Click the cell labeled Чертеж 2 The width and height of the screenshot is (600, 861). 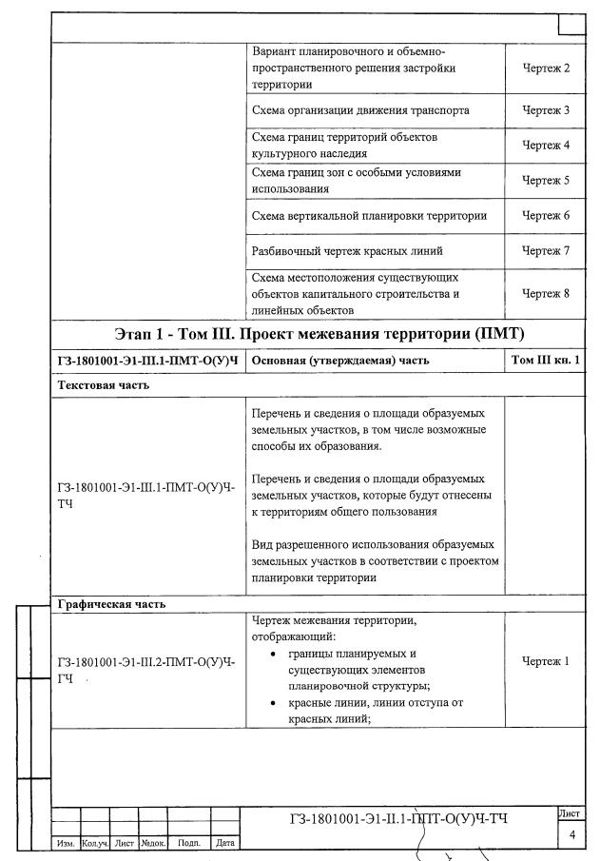coord(546,68)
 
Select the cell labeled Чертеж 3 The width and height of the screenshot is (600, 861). coord(546,110)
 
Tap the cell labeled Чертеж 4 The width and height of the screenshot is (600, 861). coord(546,146)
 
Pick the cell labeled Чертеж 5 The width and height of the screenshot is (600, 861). coord(546,180)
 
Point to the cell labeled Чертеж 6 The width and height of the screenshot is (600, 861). coord(546,216)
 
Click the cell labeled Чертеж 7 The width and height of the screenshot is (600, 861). coord(546,251)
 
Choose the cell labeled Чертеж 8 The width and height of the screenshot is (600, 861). coord(546,293)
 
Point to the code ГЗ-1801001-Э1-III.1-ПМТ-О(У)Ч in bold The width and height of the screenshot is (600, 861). coord(146,361)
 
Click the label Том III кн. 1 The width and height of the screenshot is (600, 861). coord(546,361)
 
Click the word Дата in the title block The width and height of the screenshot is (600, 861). coord(225,843)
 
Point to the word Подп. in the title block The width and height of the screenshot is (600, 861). coord(189,843)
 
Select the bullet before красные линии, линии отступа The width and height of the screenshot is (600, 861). coord(275,703)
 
